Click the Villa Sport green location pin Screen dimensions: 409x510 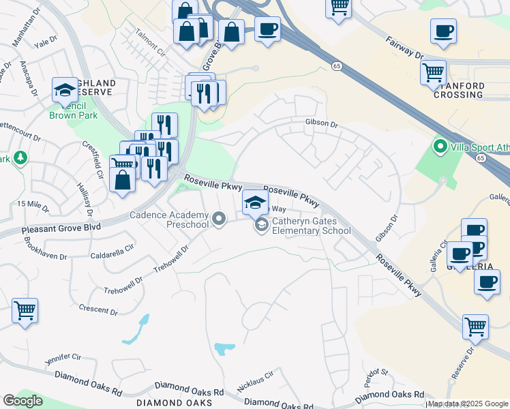440,147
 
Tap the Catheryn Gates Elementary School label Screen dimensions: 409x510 312,226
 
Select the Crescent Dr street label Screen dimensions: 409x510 98,309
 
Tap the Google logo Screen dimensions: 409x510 22,401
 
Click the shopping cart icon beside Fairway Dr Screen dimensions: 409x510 434,72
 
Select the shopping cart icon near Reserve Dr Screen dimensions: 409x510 475,327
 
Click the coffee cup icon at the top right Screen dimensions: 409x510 443,31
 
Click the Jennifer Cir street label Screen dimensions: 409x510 63,357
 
